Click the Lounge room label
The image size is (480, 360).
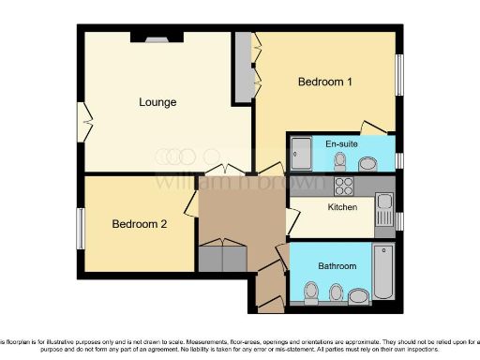tap(157, 102)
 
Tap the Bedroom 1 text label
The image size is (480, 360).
tap(324, 82)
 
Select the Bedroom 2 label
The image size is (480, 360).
tap(139, 224)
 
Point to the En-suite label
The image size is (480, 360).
tap(339, 144)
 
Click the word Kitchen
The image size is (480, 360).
tap(342, 206)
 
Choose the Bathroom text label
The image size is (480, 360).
tap(337, 266)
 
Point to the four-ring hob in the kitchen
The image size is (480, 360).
tap(342, 185)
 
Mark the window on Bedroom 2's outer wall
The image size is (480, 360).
tap(80, 226)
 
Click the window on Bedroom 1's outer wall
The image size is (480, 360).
tap(398, 79)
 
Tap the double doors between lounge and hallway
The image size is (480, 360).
tap(224, 172)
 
